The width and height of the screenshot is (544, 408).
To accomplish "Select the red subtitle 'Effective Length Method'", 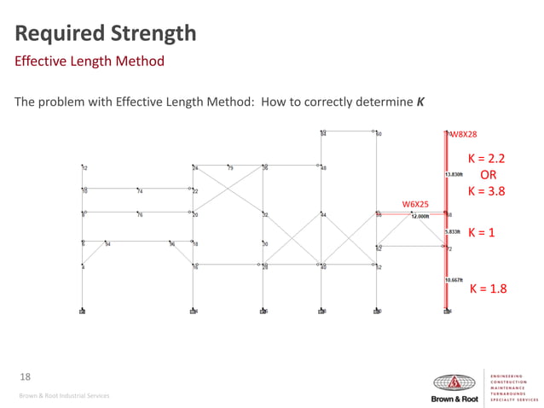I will tap(90, 62).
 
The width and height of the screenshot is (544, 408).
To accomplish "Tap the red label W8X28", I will tap(465, 135).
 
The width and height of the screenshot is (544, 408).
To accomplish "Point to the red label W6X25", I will tap(415, 204).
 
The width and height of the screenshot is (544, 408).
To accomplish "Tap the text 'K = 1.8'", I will tap(488, 289).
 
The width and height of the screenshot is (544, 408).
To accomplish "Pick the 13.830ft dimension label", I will tap(454, 174).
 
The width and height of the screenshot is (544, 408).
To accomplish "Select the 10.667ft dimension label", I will tap(454, 280).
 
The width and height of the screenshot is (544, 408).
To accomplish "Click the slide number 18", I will tap(24, 376).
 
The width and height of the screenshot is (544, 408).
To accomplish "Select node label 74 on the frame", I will tap(140, 191).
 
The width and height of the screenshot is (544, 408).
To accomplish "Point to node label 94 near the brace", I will tap(108, 244).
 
